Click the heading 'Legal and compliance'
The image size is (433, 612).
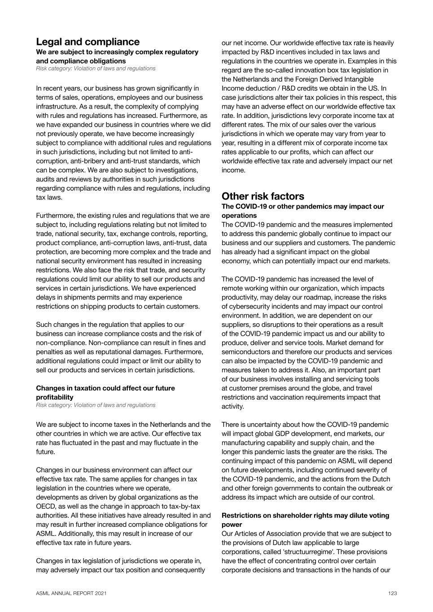click(87, 42)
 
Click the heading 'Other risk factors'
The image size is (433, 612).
click(262, 196)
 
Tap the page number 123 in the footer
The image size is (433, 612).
click(393, 593)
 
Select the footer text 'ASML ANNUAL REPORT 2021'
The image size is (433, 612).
click(71, 593)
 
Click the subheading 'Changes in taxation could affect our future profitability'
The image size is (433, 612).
click(105, 392)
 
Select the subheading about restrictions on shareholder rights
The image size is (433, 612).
click(305, 520)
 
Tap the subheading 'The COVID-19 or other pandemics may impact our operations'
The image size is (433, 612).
click(302, 211)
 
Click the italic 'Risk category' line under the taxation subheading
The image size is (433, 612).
click(96, 405)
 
